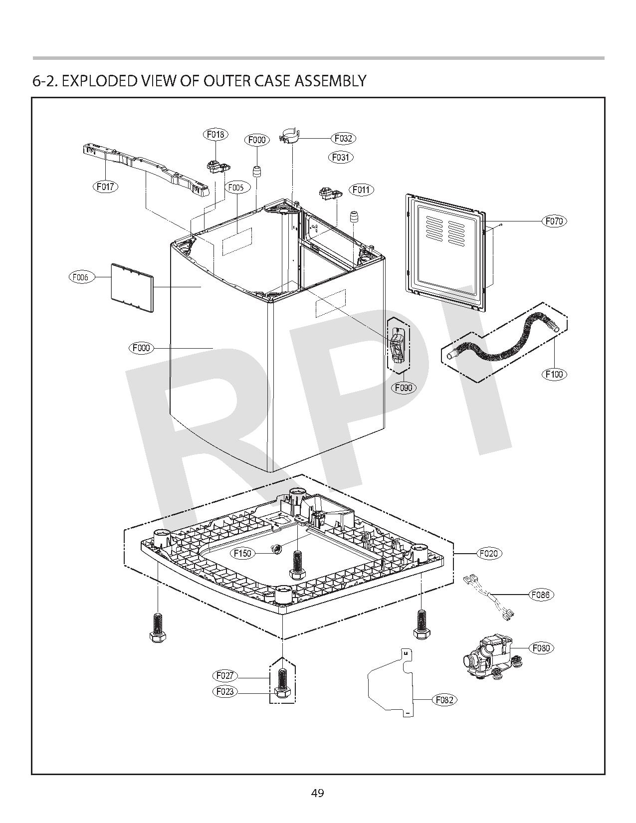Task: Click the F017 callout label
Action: tap(106, 187)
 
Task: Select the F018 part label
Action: tap(215, 134)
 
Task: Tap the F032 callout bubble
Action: tap(344, 138)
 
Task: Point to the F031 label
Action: tap(342, 157)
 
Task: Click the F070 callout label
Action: tap(554, 221)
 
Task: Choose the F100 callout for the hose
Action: tap(554, 374)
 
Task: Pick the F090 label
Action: tap(404, 388)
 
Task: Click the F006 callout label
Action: tap(81, 277)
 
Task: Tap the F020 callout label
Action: tap(489, 553)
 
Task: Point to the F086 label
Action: tap(541, 595)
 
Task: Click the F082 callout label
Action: tap(444, 700)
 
